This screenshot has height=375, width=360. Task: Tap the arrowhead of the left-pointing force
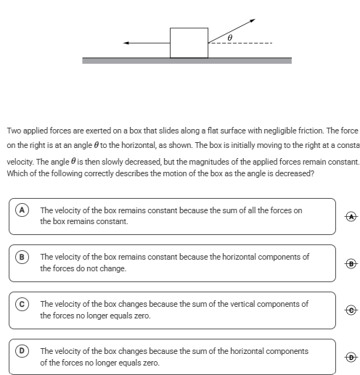coord(126,43)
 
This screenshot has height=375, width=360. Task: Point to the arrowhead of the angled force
coord(253,20)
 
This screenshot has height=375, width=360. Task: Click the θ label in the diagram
coord(230,38)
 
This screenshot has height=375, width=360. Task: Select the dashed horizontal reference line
coord(240,43)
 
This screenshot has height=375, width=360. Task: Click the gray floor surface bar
coord(187,60)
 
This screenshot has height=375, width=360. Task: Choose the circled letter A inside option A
coord(22,210)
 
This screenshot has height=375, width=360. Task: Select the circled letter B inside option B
coord(22,257)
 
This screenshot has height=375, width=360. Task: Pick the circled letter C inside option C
coord(22,304)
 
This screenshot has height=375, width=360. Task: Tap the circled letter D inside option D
coord(22,350)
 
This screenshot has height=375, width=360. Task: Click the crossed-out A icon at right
coord(351,216)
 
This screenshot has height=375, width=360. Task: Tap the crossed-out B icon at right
coord(351,263)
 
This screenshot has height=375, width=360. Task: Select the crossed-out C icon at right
coord(351,310)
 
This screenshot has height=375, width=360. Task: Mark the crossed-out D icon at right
coord(351,357)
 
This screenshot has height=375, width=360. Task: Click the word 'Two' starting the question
coord(15,131)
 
